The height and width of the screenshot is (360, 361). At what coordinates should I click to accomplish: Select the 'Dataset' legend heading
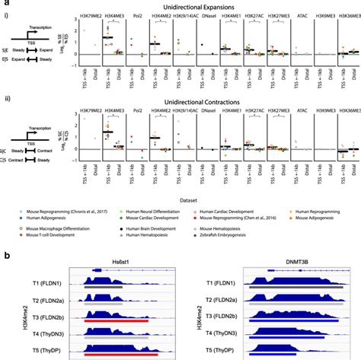pyautogui.click(x=180, y=195)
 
